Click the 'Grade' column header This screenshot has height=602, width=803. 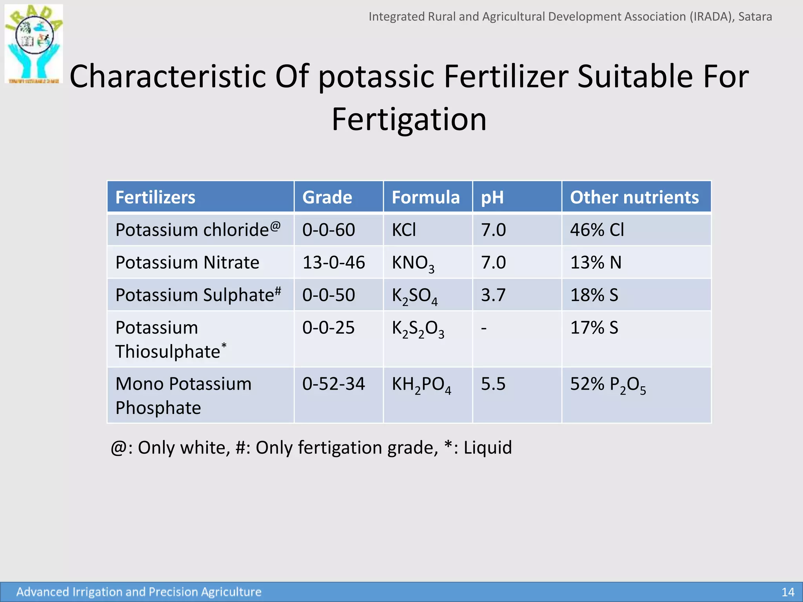327,197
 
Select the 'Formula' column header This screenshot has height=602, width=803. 425,197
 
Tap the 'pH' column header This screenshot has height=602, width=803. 492,197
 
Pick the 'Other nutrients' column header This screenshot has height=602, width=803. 634,197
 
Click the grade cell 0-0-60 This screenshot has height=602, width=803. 329,230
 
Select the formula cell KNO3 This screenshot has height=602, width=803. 413,263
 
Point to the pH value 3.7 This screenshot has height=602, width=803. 493,295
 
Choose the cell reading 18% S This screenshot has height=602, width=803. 594,295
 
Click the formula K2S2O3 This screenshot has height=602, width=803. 418,329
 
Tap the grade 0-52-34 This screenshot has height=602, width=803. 333,384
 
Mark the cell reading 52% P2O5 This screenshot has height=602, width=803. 608,384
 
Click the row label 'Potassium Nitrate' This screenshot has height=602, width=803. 187,262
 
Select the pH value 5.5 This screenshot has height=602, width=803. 493,384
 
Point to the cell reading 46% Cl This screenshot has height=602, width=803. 597,230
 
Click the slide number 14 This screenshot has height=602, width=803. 788,592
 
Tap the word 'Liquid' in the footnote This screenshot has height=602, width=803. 488,448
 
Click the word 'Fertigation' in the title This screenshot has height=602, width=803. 409,119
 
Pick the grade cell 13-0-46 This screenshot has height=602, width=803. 334,262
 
